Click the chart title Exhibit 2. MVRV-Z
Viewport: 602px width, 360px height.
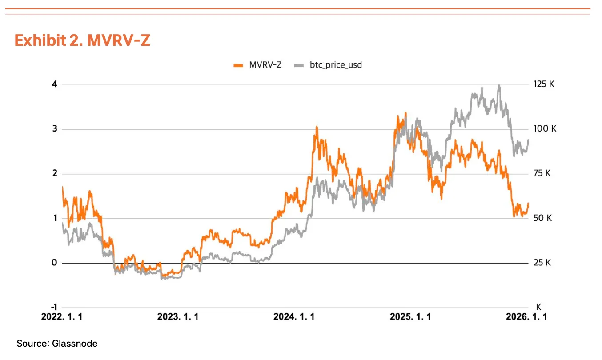pyautogui.click(x=82, y=40)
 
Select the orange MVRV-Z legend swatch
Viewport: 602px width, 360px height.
pyautogui.click(x=238, y=65)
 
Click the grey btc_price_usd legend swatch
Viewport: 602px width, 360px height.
pyautogui.click(x=299, y=65)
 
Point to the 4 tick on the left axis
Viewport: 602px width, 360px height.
pyautogui.click(x=55, y=84)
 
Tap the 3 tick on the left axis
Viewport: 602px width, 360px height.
pyautogui.click(x=55, y=129)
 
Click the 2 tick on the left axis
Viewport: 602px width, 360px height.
pyautogui.click(x=55, y=173)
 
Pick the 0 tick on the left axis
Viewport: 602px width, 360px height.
pyautogui.click(x=54, y=263)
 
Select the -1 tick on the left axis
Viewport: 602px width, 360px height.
pyautogui.click(x=54, y=307)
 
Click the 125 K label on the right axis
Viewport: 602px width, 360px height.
pyautogui.click(x=544, y=84)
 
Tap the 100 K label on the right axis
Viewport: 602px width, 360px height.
pyautogui.click(x=545, y=129)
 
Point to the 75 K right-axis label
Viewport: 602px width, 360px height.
pyautogui.click(x=542, y=173)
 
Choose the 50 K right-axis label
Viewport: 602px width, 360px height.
pyautogui.click(x=542, y=218)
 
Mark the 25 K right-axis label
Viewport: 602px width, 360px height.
pyautogui.click(x=542, y=263)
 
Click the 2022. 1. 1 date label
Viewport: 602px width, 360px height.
pyautogui.click(x=62, y=317)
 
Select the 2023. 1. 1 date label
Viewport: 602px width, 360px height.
pyautogui.click(x=178, y=317)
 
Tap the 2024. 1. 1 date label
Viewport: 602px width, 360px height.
pyautogui.click(x=294, y=317)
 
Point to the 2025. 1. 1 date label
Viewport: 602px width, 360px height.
pyautogui.click(x=410, y=317)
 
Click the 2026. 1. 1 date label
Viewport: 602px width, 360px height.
pyautogui.click(x=526, y=317)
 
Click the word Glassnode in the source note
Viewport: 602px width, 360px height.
pyautogui.click(x=75, y=344)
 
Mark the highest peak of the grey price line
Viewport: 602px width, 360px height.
pyautogui.click(x=499, y=85)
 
